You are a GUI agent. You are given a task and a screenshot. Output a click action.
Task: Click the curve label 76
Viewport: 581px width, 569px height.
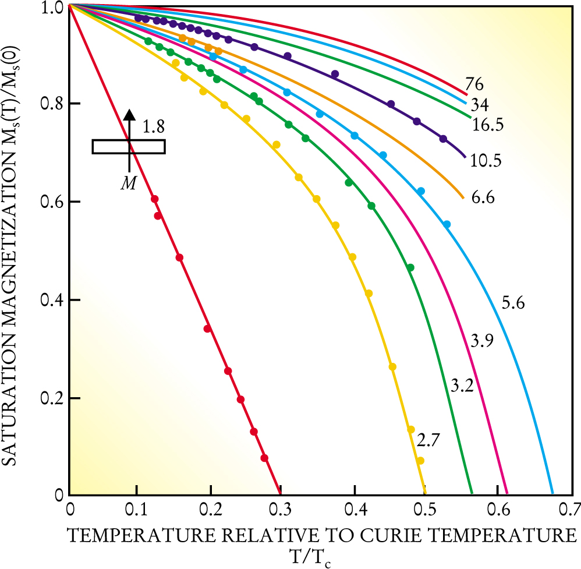coord(474,84)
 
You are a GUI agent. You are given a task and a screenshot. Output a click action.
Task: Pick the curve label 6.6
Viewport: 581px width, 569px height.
coord(483,198)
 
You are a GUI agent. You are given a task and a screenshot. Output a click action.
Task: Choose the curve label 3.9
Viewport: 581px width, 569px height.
coord(482,341)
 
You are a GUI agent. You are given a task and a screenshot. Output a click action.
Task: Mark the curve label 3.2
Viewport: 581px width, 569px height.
coord(462,384)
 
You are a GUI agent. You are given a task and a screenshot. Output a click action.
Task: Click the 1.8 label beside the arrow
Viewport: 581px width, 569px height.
coord(153,125)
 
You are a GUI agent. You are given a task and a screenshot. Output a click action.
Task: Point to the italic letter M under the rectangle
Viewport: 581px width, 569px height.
coord(129,183)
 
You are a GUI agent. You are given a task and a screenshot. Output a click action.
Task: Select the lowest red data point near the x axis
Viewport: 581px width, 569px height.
coord(265,458)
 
